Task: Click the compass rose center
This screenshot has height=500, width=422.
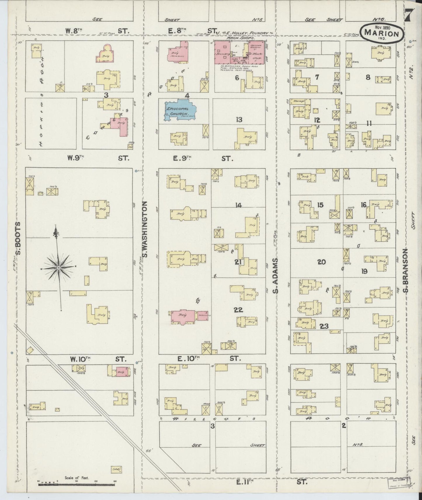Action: [59, 267]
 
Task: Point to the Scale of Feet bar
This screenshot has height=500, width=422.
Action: [74, 485]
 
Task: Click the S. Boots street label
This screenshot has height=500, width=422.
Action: [18, 238]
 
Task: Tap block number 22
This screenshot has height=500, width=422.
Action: [238, 310]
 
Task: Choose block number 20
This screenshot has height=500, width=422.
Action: [321, 262]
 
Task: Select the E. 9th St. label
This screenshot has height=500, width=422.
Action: [202, 158]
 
